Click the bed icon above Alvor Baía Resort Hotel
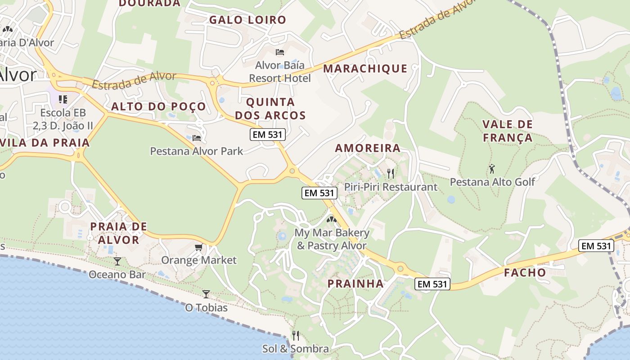point(279,52)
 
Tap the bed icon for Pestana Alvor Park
point(196,138)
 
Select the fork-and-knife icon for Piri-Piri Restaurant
point(391,173)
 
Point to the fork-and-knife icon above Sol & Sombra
point(295,335)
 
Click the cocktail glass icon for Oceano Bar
point(117,261)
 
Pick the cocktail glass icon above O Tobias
point(206,294)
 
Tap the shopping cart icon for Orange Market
point(198,247)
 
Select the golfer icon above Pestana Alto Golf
point(492,169)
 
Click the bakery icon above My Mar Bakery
point(332,220)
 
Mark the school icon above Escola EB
point(63,99)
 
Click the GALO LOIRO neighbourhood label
point(247,20)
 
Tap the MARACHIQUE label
point(365,68)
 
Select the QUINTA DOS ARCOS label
point(270,108)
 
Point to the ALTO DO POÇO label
point(158,107)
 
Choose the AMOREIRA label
point(368,148)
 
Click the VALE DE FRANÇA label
point(508,130)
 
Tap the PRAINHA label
point(355,283)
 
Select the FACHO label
point(525,272)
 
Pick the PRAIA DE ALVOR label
point(119,233)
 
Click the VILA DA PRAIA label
point(45,143)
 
